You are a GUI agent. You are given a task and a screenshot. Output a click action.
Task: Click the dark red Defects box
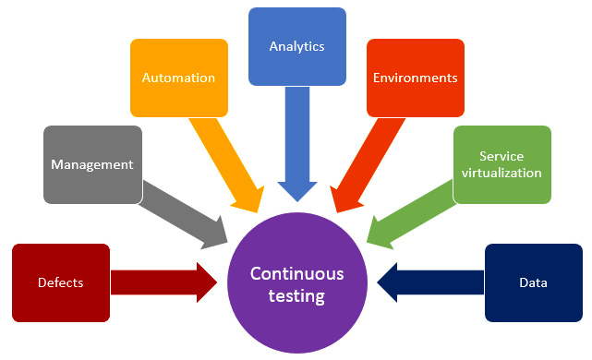tap(61, 282)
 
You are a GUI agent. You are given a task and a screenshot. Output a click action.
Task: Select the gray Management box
tap(92, 164)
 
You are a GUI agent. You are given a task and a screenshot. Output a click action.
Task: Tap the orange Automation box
tap(178, 78)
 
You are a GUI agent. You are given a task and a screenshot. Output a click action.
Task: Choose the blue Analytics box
tap(297, 46)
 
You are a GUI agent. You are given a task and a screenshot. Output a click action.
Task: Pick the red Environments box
tap(415, 78)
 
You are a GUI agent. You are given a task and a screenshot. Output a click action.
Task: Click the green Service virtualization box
tap(502, 164)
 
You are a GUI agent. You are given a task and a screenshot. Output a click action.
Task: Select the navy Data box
tap(533, 282)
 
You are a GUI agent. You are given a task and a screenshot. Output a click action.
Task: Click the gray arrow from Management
tap(185, 212)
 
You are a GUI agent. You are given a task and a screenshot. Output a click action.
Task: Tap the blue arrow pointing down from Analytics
tap(297, 148)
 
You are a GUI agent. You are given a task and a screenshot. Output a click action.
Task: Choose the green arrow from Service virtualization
tap(411, 212)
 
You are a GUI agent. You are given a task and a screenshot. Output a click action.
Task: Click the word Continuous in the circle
tap(297, 273)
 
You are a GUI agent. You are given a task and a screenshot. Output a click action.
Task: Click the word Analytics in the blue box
tap(297, 45)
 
